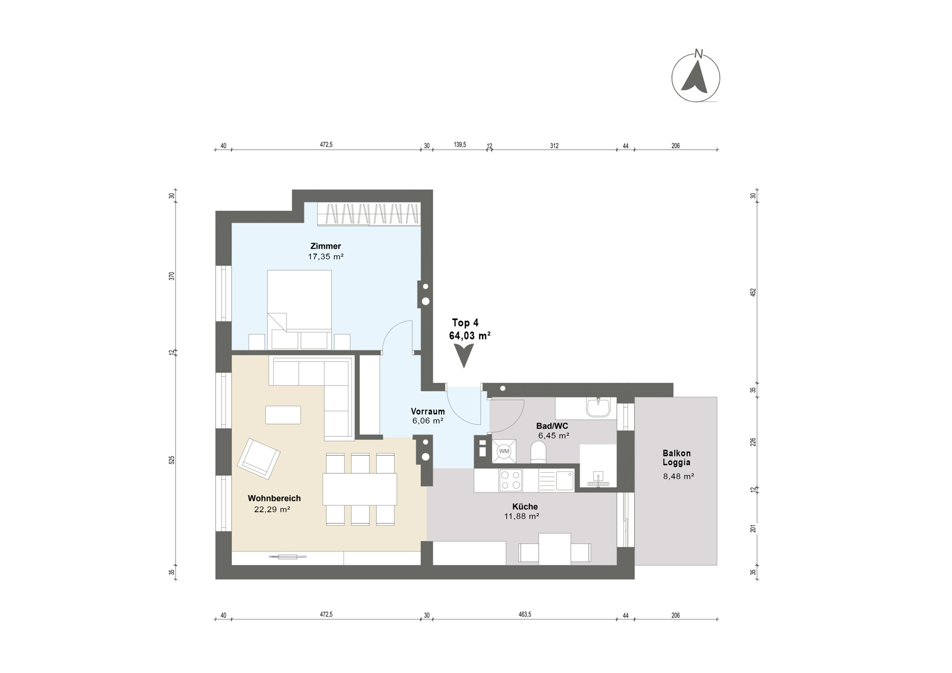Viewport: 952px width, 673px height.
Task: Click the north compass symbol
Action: [696, 76]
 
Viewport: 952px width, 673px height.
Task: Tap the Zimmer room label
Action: [326, 246]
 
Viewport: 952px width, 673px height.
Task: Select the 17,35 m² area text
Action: [326, 257]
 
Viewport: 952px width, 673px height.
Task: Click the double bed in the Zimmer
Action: [299, 309]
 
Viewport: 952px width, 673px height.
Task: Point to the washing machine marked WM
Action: [504, 451]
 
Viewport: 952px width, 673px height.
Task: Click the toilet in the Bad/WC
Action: [538, 452]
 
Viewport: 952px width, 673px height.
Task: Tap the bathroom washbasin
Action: [598, 407]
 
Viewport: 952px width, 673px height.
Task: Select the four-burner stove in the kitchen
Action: [511, 480]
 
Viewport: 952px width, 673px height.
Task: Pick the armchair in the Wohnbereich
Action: [258, 458]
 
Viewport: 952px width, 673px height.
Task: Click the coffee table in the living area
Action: [283, 415]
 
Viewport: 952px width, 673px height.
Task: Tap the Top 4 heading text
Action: [465, 323]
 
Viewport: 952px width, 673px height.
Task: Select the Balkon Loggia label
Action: [677, 458]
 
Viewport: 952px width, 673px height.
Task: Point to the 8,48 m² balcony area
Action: [678, 477]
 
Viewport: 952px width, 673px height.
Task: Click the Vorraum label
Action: [427, 412]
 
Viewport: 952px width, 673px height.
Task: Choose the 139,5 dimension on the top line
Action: [460, 145]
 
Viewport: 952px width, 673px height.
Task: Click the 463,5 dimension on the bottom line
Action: [525, 614]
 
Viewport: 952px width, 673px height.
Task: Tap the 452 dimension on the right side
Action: [753, 292]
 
